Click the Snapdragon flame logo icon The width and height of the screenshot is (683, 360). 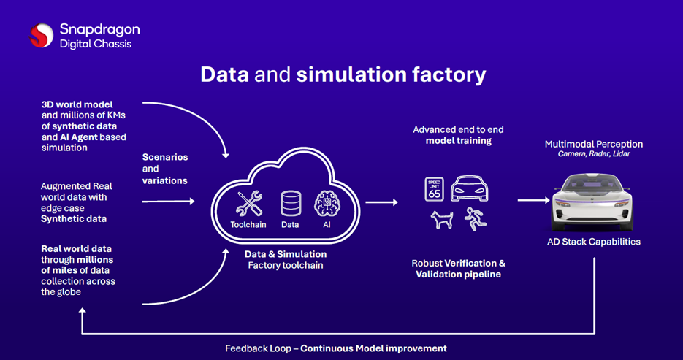42,35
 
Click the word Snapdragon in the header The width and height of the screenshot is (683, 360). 99,30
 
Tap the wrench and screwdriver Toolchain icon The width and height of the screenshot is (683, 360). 248,204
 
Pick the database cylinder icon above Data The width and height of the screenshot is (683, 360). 291,204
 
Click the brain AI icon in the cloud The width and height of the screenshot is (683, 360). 326,204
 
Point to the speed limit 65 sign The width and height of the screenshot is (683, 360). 434,189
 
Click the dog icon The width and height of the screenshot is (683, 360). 441,220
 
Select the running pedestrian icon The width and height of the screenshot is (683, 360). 475,219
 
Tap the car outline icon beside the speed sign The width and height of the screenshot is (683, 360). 470,188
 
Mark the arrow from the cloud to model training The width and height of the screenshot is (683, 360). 381,202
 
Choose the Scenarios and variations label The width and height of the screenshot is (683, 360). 165,169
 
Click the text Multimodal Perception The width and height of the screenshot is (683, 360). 594,144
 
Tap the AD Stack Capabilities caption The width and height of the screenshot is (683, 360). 594,242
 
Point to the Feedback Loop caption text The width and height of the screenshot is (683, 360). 335,348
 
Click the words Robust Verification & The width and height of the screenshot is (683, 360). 459,263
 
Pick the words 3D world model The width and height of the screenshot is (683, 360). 77,104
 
